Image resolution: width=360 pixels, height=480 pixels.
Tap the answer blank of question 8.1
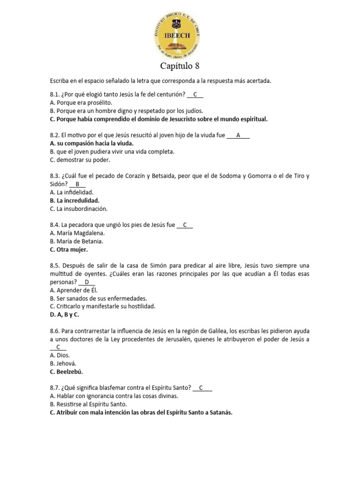click(x=195, y=95)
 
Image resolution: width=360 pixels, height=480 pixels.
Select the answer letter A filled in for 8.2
click(x=238, y=135)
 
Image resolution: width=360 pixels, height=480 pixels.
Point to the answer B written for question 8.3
click(x=77, y=184)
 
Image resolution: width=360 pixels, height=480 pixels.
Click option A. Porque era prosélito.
click(x=81, y=103)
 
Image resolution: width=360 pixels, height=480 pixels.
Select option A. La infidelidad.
click(x=71, y=192)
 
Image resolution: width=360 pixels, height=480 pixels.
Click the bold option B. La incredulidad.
click(x=74, y=201)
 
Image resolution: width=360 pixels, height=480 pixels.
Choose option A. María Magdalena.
click(x=77, y=233)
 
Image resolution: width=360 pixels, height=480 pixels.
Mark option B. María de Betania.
click(x=76, y=241)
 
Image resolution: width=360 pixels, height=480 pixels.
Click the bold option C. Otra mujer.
click(x=68, y=249)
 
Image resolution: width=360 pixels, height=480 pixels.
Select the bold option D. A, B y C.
click(x=64, y=315)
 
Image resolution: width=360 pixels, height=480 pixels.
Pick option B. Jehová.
click(x=62, y=363)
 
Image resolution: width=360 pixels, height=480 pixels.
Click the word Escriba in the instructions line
click(x=60, y=81)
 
